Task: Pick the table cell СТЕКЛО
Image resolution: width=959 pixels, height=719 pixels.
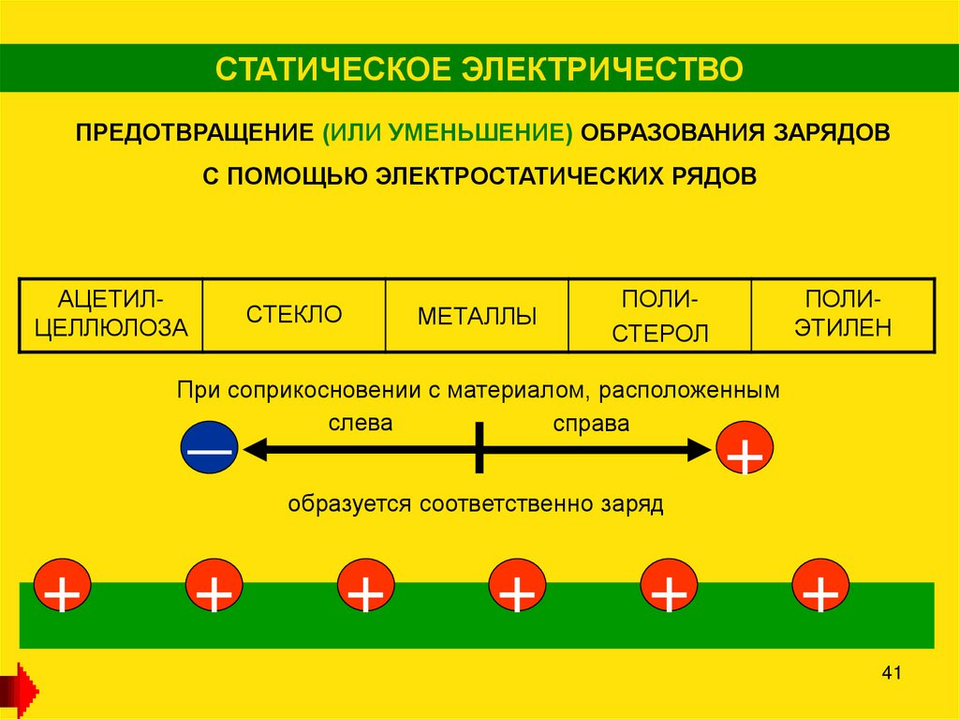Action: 294,314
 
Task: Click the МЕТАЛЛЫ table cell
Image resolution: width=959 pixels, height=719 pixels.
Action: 478,316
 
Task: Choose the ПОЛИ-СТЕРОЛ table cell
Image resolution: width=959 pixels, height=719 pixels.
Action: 660,316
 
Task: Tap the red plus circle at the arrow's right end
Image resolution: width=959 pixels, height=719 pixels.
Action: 745,450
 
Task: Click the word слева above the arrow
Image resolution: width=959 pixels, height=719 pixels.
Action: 360,423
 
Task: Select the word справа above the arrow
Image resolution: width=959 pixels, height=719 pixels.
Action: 590,424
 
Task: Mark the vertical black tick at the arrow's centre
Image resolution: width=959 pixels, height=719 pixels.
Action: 479,448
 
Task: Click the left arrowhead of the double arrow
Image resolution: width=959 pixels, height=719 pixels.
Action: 255,450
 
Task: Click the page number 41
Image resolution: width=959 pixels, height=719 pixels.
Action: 891,673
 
